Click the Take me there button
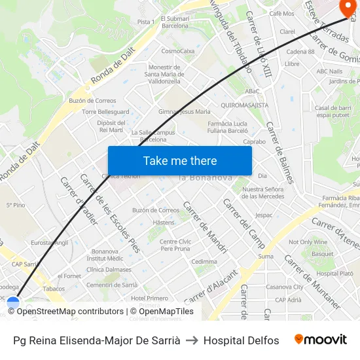click(x=179, y=160)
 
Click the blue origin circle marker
click(x=13, y=303)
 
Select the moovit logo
click(x=320, y=340)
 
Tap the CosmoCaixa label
click(x=178, y=50)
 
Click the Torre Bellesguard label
click(x=106, y=112)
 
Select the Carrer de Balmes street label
click(x=279, y=152)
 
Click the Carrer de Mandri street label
click(x=205, y=227)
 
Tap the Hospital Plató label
click(x=334, y=274)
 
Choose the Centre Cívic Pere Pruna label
click(x=175, y=245)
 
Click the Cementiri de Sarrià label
click(x=112, y=285)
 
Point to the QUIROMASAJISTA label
click(x=245, y=105)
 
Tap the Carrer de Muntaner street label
click(x=312, y=281)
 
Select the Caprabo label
click(x=254, y=141)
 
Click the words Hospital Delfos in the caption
click(x=241, y=340)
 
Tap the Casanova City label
click(x=284, y=287)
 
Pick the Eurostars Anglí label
click(x=49, y=242)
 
